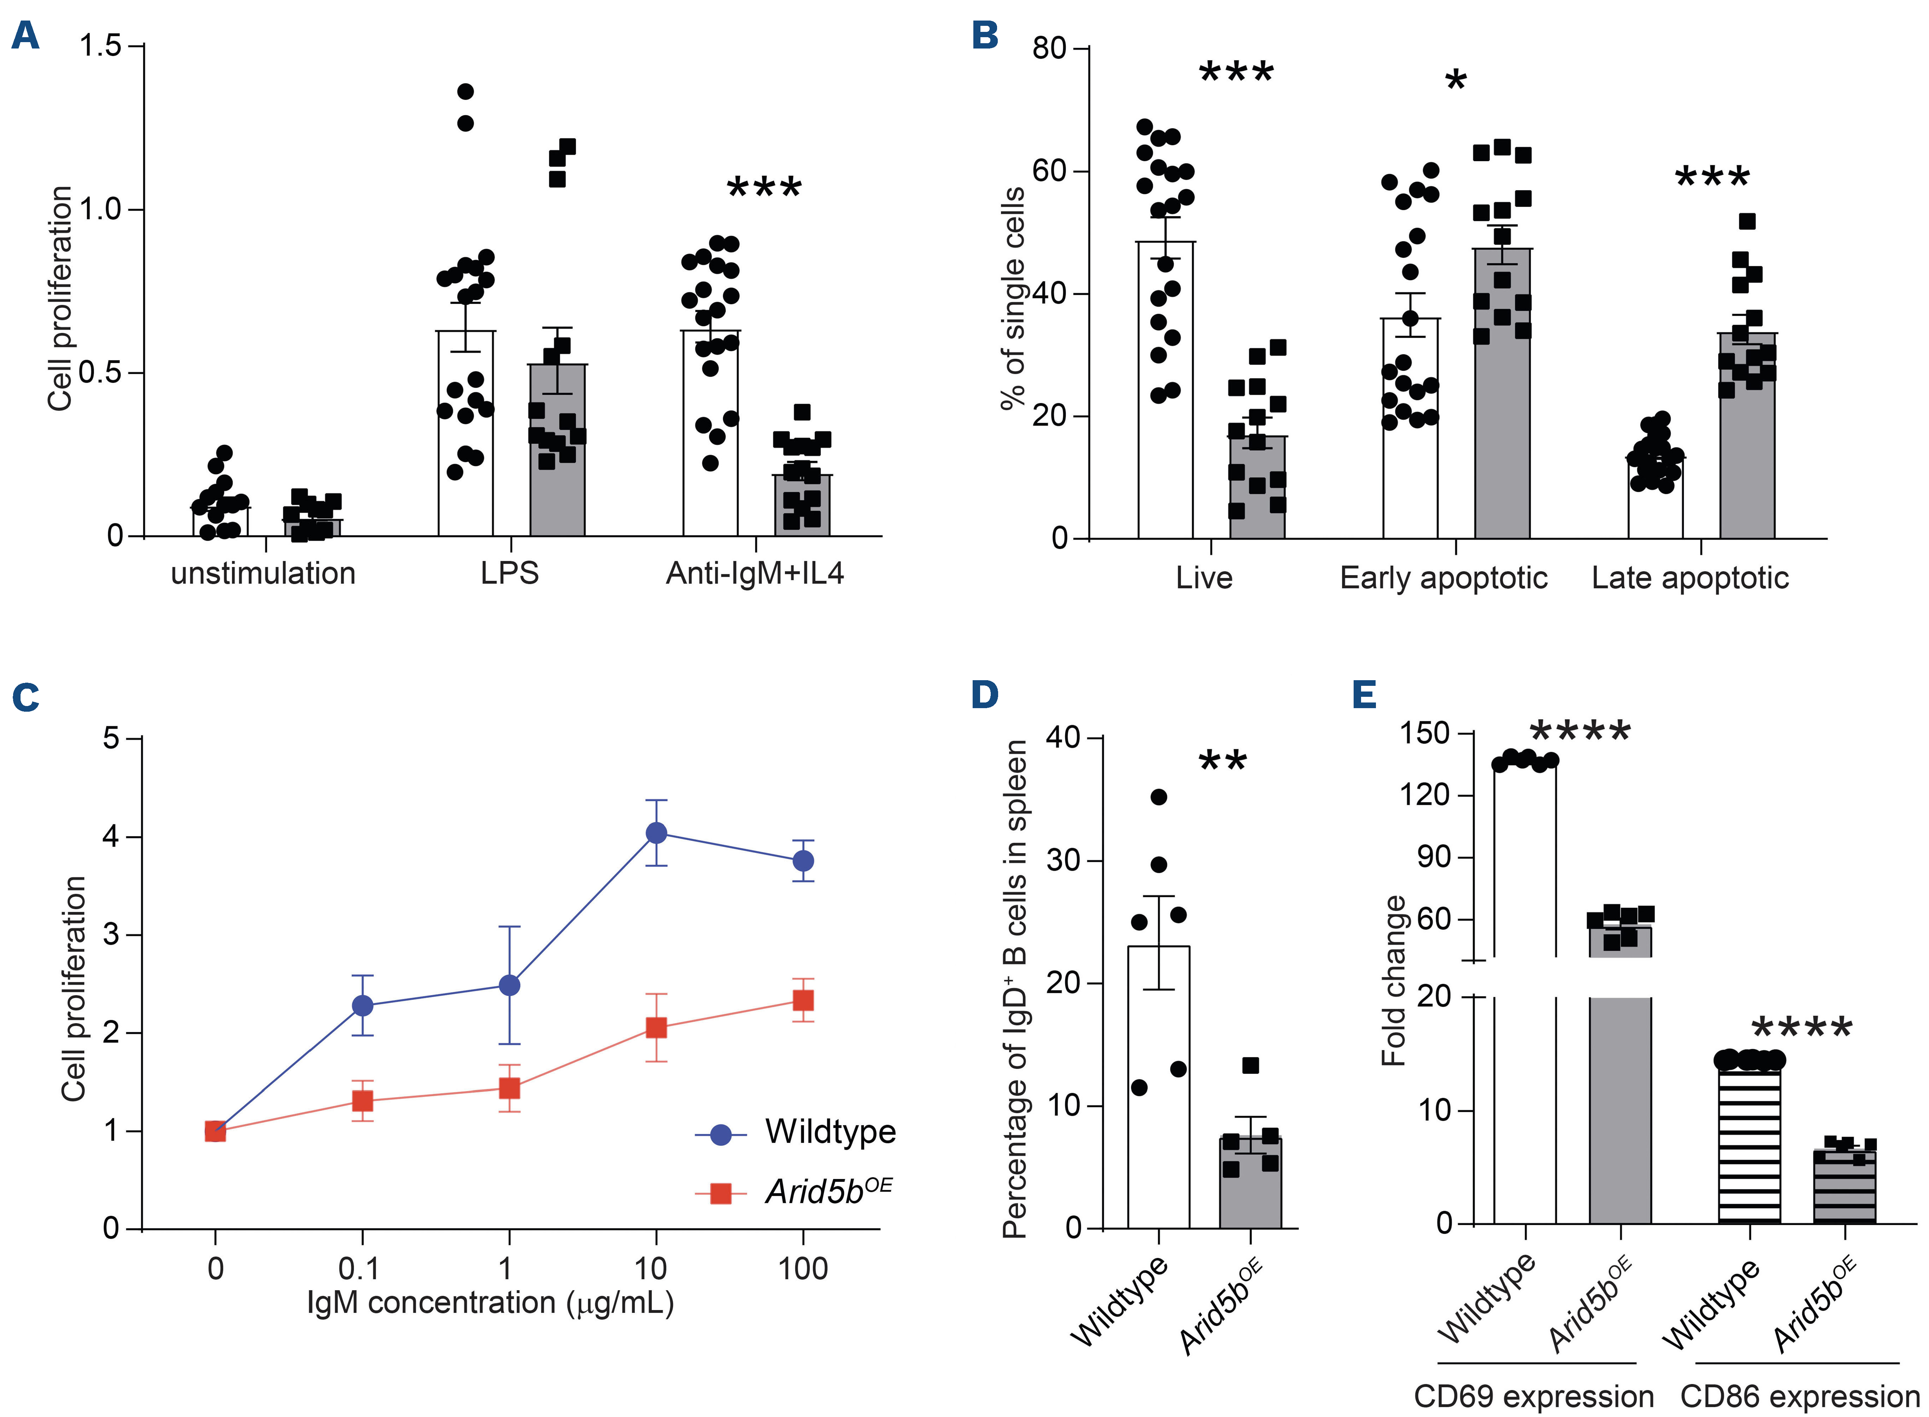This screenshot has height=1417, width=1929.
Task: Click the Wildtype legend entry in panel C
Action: (829, 1132)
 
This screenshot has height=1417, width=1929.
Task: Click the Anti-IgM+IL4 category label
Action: (755, 573)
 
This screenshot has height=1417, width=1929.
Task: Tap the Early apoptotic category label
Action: (1444, 578)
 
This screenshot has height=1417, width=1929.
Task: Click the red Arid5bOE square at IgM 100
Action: (803, 1000)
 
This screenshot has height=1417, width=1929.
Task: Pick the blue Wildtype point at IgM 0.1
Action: (363, 1005)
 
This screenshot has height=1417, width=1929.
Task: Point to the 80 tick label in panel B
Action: (1049, 49)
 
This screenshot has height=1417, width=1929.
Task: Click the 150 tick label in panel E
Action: (1424, 733)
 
